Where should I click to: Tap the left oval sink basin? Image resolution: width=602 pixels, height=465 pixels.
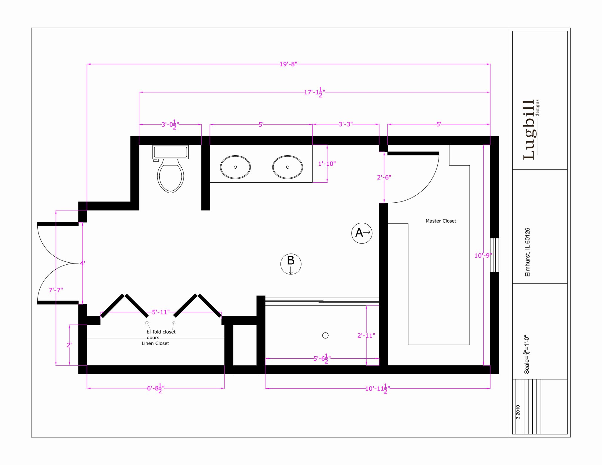coord(235,167)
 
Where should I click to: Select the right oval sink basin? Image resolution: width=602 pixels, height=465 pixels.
coord(287,167)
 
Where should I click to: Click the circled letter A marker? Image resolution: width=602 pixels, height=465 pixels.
coord(362,233)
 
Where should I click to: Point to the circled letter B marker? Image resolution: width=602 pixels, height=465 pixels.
coord(291,264)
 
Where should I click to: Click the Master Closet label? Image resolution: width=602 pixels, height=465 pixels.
coord(441,221)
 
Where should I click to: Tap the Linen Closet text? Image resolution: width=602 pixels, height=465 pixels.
coord(155,343)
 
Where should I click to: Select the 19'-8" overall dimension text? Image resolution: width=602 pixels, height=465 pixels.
coord(288,64)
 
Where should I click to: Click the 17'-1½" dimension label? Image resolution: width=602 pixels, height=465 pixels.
coord(314,92)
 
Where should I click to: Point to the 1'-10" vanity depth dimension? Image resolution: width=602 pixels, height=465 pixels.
coord(327,164)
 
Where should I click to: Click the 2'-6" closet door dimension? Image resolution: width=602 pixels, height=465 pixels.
coord(384,177)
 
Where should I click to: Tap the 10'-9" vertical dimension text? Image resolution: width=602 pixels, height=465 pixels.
coord(483,255)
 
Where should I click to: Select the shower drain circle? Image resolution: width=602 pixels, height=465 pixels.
coord(325,335)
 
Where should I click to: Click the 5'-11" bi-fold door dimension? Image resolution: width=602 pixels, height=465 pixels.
coord(160,312)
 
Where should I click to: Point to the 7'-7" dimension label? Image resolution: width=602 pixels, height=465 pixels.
coord(56,290)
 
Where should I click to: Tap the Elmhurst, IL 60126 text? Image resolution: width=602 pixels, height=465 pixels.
coord(527,252)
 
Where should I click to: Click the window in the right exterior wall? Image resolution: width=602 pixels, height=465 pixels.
coord(494,255)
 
